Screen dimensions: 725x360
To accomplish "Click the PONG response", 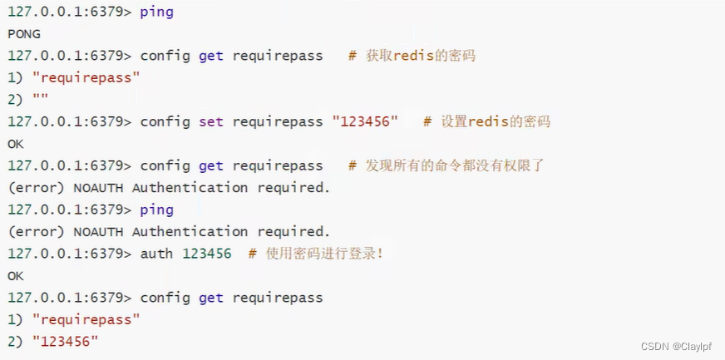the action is pyautogui.click(x=24, y=34).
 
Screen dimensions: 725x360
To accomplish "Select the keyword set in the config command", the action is pyautogui.click(x=211, y=121).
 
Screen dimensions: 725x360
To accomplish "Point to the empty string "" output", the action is pyautogui.click(x=40, y=100).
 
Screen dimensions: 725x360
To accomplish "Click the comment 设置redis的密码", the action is pyautogui.click(x=495, y=121).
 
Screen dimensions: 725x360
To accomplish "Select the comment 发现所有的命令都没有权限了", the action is pyautogui.click(x=455, y=165).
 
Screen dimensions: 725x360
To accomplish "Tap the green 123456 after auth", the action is pyautogui.click(x=206, y=254).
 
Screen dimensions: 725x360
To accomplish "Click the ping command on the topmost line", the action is pyautogui.click(x=156, y=12).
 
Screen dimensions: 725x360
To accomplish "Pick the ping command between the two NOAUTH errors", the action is pyautogui.click(x=156, y=210).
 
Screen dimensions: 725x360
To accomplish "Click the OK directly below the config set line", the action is pyautogui.click(x=16, y=144).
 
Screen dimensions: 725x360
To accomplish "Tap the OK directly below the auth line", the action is pyautogui.click(x=16, y=275).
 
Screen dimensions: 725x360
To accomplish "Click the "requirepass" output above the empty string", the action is pyautogui.click(x=86, y=78).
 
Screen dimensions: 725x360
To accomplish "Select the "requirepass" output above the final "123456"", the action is pyautogui.click(x=86, y=319).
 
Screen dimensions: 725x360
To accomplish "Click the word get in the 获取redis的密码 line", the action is pyautogui.click(x=211, y=56).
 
